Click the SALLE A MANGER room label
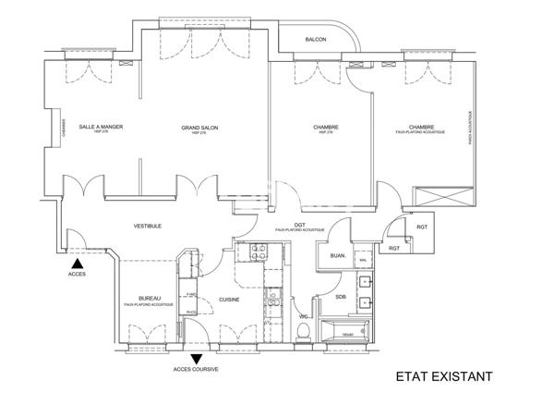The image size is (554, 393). pos(102,127)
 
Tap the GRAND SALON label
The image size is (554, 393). pos(199,128)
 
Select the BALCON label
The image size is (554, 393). pos(317,39)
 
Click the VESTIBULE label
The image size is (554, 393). pos(149,226)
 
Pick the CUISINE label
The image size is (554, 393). pos(230,299)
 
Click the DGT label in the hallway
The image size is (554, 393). pos(300,225)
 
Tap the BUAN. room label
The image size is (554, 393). pos(337,255)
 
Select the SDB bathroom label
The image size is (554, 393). pos(341,297)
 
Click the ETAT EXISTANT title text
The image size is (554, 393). pos(444,376)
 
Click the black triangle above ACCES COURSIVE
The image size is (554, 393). pos(196,358)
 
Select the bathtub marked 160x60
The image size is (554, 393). pos(346,331)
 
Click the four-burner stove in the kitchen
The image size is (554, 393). pos(250,252)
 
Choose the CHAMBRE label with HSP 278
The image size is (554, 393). pos(325,128)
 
